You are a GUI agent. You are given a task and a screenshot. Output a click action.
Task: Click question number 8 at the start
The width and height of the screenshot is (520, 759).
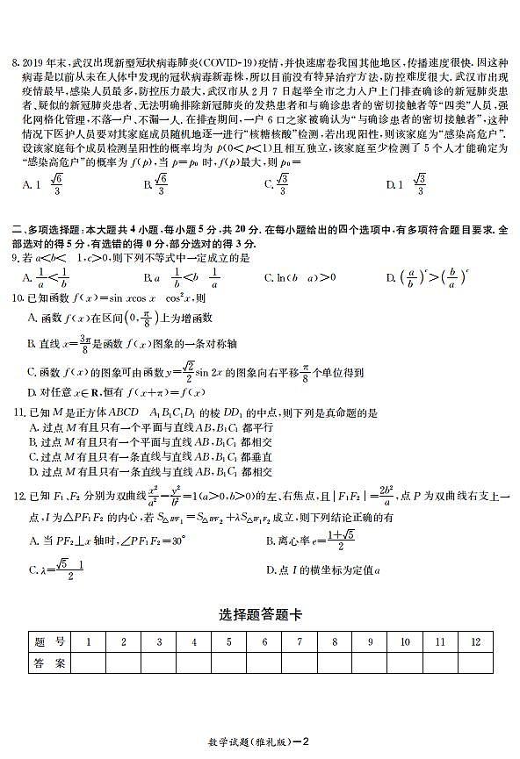pyautogui.click(x=15, y=63)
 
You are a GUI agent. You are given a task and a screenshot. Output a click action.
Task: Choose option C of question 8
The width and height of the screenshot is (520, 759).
pyautogui.click(x=278, y=184)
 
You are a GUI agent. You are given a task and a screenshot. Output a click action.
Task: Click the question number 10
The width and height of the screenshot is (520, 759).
pyautogui.click(x=18, y=298)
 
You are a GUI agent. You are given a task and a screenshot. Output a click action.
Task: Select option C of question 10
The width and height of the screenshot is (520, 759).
pyautogui.click(x=32, y=372)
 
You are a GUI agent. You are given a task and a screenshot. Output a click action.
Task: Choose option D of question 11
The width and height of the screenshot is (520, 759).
pyautogui.click(x=32, y=471)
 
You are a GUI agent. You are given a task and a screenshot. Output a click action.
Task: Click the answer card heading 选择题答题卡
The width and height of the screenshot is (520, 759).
pyautogui.click(x=260, y=616)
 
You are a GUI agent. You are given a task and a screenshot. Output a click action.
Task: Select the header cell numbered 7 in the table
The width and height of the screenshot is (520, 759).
pyautogui.click(x=300, y=642)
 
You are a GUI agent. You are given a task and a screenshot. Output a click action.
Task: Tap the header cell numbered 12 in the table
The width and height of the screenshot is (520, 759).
pyautogui.click(x=474, y=642)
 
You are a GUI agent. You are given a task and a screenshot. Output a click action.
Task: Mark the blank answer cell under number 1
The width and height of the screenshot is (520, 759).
pyautogui.click(x=89, y=663)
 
